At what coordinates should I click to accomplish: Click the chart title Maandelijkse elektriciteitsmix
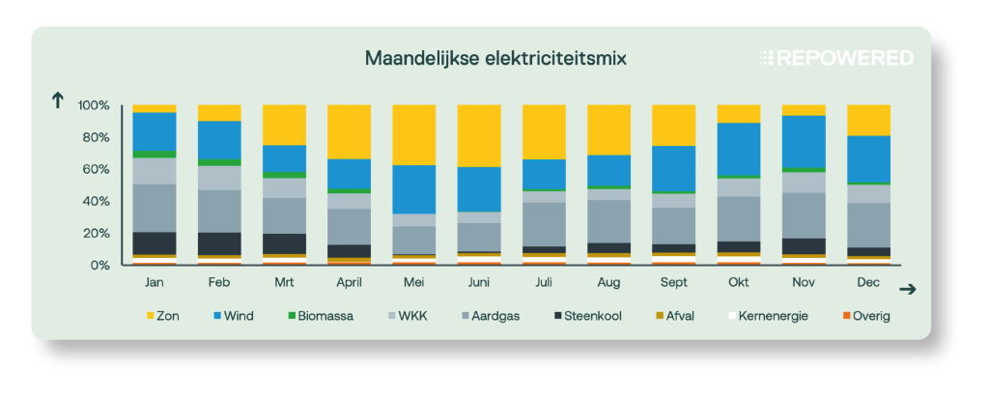click(x=495, y=59)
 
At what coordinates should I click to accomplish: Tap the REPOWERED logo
click(x=835, y=58)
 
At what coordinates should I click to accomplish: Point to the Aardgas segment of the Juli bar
click(x=545, y=223)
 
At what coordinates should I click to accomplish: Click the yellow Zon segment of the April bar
click(x=350, y=131)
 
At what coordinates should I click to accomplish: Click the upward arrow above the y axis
click(x=57, y=100)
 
